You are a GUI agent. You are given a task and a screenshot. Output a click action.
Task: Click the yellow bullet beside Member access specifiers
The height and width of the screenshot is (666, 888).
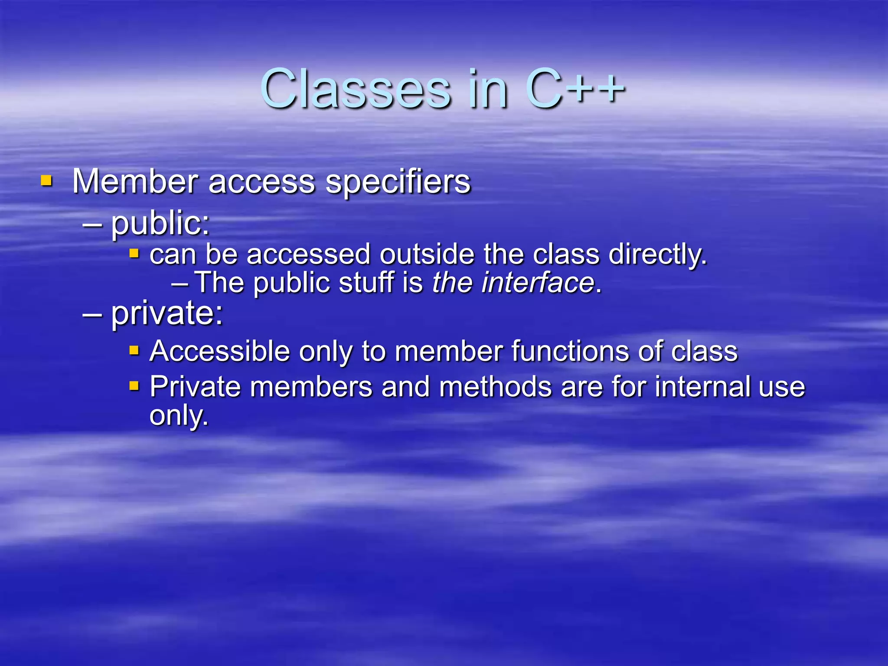point(46,180)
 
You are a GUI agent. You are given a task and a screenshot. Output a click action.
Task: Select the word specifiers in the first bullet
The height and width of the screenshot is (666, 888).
point(398,182)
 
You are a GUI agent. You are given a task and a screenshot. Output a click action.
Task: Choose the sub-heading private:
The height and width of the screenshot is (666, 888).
point(167,313)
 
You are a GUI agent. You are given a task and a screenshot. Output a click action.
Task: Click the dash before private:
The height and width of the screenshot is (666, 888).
point(92,314)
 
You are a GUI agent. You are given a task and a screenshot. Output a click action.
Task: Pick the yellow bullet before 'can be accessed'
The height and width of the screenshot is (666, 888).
point(134,253)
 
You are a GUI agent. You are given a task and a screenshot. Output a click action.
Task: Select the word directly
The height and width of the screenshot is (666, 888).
point(657,255)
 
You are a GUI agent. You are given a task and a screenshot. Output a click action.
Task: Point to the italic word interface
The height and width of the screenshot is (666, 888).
point(538,283)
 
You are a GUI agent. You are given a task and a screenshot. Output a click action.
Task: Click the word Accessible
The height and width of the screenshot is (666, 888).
point(219,351)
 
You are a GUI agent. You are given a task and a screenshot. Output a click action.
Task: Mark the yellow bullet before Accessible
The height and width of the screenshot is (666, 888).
point(134,350)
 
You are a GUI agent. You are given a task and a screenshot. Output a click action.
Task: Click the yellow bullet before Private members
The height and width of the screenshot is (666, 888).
point(134,385)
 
